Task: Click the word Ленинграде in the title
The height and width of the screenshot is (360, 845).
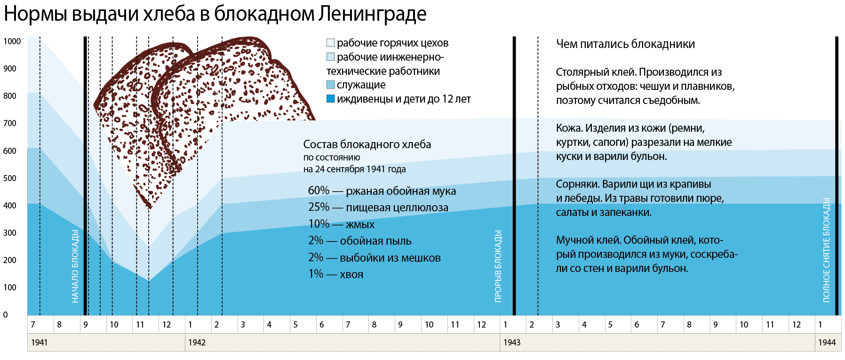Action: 372,14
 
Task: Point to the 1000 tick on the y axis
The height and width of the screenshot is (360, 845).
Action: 12,41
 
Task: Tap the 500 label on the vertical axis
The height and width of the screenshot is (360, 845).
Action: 10,178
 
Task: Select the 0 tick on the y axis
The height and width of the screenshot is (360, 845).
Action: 6,315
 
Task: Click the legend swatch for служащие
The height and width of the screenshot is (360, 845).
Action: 331,85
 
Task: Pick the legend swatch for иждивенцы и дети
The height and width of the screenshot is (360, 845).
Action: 331,99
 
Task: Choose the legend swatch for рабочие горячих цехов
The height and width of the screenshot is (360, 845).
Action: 331,43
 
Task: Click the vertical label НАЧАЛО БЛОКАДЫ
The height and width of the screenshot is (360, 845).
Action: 75,266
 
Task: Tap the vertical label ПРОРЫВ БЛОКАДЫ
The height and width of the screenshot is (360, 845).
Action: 498,266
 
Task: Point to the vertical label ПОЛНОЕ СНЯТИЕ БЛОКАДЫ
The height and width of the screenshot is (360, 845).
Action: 826,250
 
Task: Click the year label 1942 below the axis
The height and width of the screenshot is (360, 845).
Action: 197,343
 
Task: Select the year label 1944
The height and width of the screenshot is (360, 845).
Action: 827,343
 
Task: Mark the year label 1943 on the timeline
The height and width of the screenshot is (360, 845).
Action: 512,343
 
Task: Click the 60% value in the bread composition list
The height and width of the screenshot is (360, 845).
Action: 319,191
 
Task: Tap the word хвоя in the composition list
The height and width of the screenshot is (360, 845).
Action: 351,274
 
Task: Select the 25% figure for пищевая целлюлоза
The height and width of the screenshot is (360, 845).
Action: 319,207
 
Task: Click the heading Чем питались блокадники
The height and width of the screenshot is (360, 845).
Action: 625,44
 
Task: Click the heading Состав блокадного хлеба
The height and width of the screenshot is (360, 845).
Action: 367,144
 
